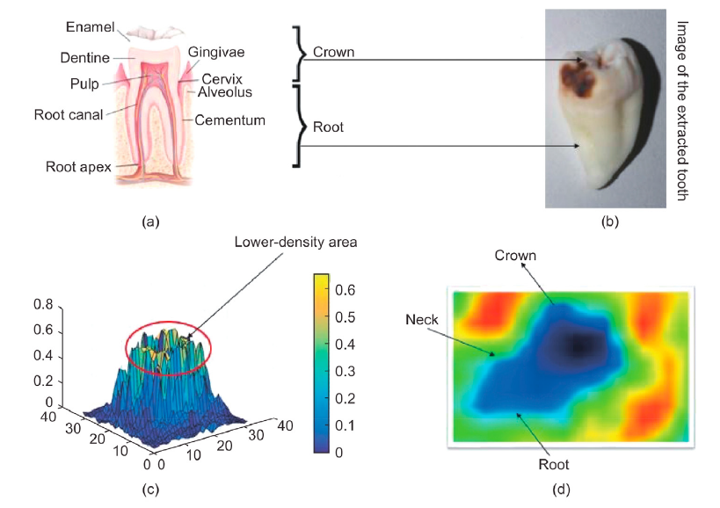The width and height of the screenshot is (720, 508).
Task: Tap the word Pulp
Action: pyautogui.click(x=78, y=83)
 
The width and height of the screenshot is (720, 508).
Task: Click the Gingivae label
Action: pyautogui.click(x=217, y=52)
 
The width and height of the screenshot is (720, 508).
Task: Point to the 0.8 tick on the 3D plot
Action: pyautogui.click(x=44, y=306)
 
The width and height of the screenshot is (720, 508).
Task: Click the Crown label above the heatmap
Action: pyautogui.click(x=515, y=256)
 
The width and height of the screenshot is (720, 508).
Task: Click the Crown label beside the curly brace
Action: pyautogui.click(x=333, y=52)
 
